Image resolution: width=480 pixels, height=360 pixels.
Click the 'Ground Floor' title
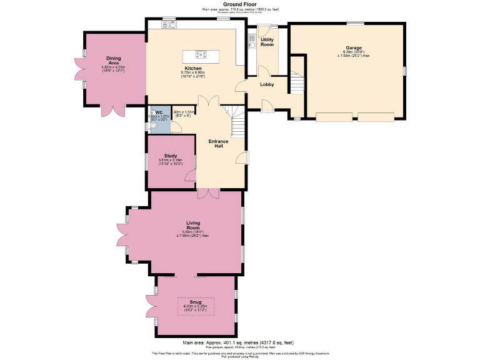click(x=239, y=4)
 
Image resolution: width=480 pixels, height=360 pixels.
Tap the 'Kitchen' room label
click(x=193, y=67)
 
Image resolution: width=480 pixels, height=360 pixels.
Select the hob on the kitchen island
click(x=201, y=54)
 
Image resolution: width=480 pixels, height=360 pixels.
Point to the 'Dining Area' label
click(x=114, y=60)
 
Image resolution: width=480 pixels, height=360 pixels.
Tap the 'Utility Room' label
click(x=267, y=42)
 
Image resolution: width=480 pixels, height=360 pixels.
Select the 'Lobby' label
click(x=267, y=84)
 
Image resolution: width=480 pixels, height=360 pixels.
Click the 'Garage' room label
click(x=353, y=47)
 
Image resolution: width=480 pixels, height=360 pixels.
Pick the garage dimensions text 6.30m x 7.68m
click(x=353, y=54)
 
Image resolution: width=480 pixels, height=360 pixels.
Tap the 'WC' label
click(x=159, y=112)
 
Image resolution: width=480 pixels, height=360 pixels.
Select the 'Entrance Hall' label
click(x=219, y=142)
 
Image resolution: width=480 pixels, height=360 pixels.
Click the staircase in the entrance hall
click(x=237, y=121)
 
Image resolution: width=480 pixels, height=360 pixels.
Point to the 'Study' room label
click(x=171, y=156)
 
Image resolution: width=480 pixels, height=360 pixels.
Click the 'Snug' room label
click(x=196, y=301)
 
